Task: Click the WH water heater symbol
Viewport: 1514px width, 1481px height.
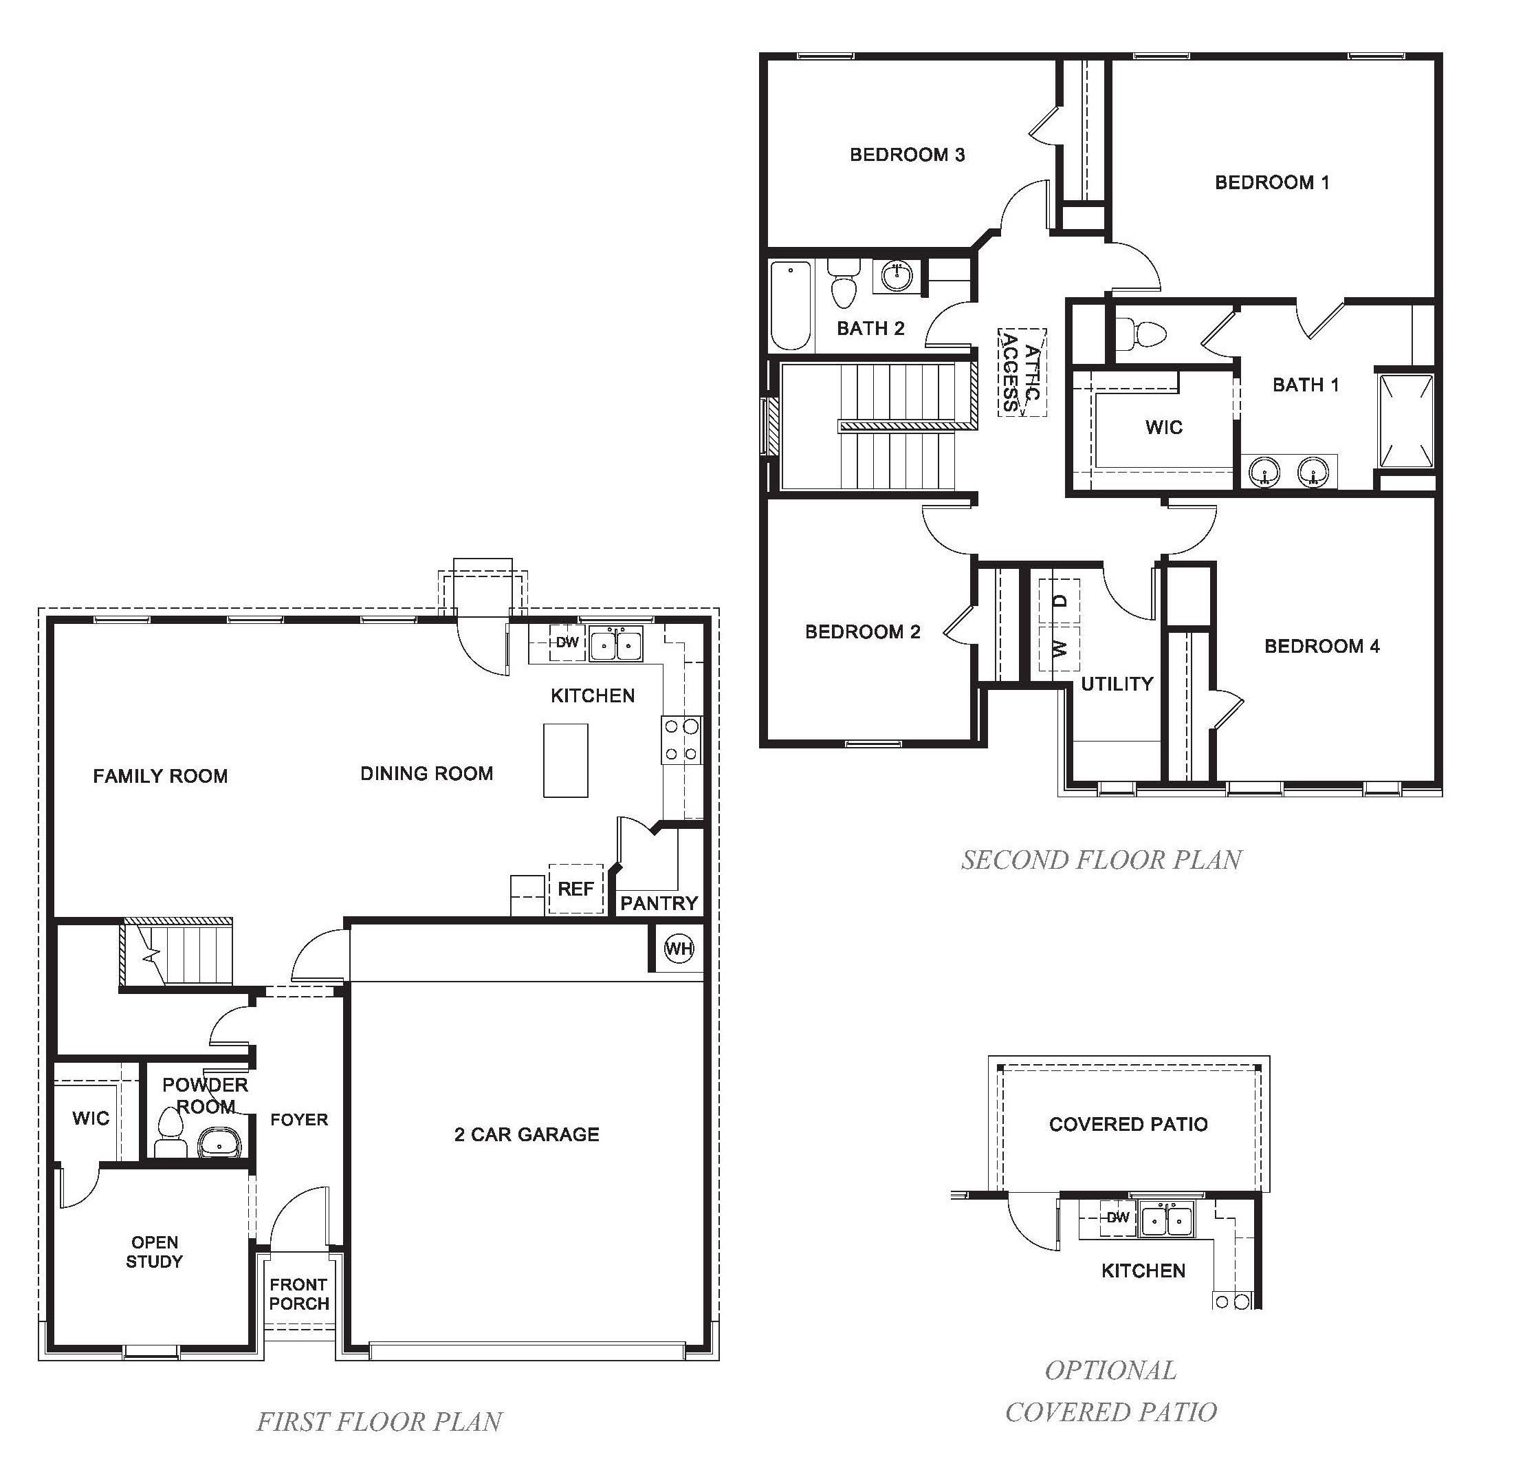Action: [678, 948]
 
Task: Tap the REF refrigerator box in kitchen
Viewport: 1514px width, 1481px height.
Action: [575, 889]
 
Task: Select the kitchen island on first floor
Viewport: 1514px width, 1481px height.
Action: [565, 760]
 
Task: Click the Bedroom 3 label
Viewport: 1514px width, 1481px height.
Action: [907, 155]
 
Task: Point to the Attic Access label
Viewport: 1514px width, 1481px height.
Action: [1021, 373]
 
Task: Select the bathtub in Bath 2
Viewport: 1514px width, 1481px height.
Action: [791, 305]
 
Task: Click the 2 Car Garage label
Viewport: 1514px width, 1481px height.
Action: [527, 1134]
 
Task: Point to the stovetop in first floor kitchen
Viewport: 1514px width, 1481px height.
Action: [681, 739]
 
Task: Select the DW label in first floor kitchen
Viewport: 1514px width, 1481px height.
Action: [567, 642]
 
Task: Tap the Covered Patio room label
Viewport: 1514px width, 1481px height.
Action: [1128, 1124]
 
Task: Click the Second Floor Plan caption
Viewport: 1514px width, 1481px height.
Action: [1101, 860]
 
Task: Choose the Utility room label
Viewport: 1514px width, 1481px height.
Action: [1117, 684]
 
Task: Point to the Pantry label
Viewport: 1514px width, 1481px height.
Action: [659, 903]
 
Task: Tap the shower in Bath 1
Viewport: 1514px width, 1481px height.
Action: [1405, 421]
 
